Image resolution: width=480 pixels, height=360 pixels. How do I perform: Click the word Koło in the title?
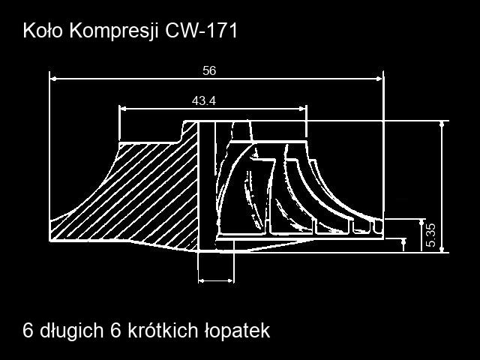[x=43, y=31]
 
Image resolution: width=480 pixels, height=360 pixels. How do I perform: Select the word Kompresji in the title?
[x=114, y=31]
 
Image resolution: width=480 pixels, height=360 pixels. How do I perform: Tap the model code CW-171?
[x=202, y=31]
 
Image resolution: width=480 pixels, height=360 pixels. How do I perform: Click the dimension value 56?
[x=209, y=70]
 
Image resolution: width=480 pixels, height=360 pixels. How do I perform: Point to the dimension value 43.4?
[x=204, y=100]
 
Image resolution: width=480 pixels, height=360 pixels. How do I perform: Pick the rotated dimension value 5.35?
[x=430, y=235]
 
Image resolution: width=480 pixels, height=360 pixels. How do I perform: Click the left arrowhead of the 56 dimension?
[x=53, y=79]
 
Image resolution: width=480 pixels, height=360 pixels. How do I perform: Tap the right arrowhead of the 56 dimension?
[x=379, y=79]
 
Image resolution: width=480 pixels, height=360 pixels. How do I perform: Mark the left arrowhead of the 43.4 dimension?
[x=123, y=109]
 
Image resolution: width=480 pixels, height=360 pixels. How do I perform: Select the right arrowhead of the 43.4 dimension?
[x=302, y=109]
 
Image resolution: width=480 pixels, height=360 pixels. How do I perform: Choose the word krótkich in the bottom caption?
[x=163, y=330]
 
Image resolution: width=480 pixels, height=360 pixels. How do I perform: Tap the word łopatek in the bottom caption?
[x=237, y=331]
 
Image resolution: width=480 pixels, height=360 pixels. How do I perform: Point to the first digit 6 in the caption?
[x=28, y=331]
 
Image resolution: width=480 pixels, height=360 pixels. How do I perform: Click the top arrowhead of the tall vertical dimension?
[x=442, y=124]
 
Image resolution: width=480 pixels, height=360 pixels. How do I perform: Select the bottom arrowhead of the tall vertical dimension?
[x=442, y=250]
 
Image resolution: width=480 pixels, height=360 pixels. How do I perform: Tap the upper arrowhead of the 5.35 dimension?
[x=421, y=222]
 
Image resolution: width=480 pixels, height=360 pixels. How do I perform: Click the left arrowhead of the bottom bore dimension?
[x=202, y=280]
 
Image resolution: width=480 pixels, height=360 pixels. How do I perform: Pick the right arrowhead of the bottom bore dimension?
[x=230, y=280]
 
